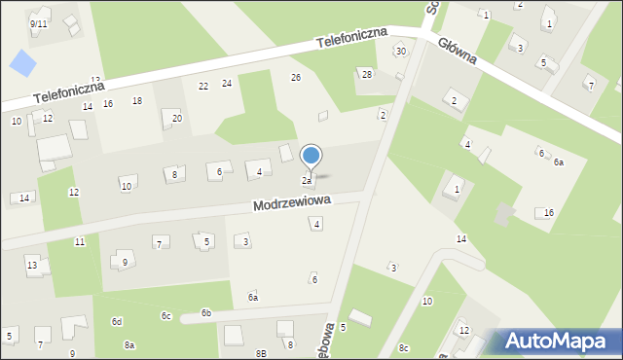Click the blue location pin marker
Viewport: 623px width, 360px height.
pyautogui.click(x=311, y=156)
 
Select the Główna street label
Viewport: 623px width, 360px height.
pyautogui.click(x=457, y=51)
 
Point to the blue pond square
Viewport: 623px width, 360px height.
pyautogui.click(x=21, y=64)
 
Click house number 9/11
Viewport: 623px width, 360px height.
pyautogui.click(x=39, y=22)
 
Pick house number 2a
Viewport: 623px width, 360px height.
pyautogui.click(x=306, y=180)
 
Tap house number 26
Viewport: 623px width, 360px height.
pyautogui.click(x=296, y=77)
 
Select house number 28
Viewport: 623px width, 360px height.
pyautogui.click(x=367, y=74)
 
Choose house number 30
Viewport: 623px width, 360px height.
pyautogui.click(x=400, y=52)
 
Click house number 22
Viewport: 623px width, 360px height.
pyautogui.click(x=203, y=86)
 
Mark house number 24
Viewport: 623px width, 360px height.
pyautogui.click(x=226, y=83)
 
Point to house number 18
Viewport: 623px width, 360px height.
pyautogui.click(x=137, y=100)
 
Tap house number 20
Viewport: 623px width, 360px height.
pyautogui.click(x=177, y=118)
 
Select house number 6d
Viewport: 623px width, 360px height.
pyautogui.click(x=117, y=321)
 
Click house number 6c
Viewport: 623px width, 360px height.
pyautogui.click(x=166, y=315)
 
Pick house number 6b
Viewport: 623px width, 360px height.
pyautogui.click(x=206, y=312)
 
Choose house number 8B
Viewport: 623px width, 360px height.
pyautogui.click(x=261, y=352)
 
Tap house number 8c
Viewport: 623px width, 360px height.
pyautogui.click(x=403, y=347)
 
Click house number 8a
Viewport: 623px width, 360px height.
pyautogui.click(x=129, y=344)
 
